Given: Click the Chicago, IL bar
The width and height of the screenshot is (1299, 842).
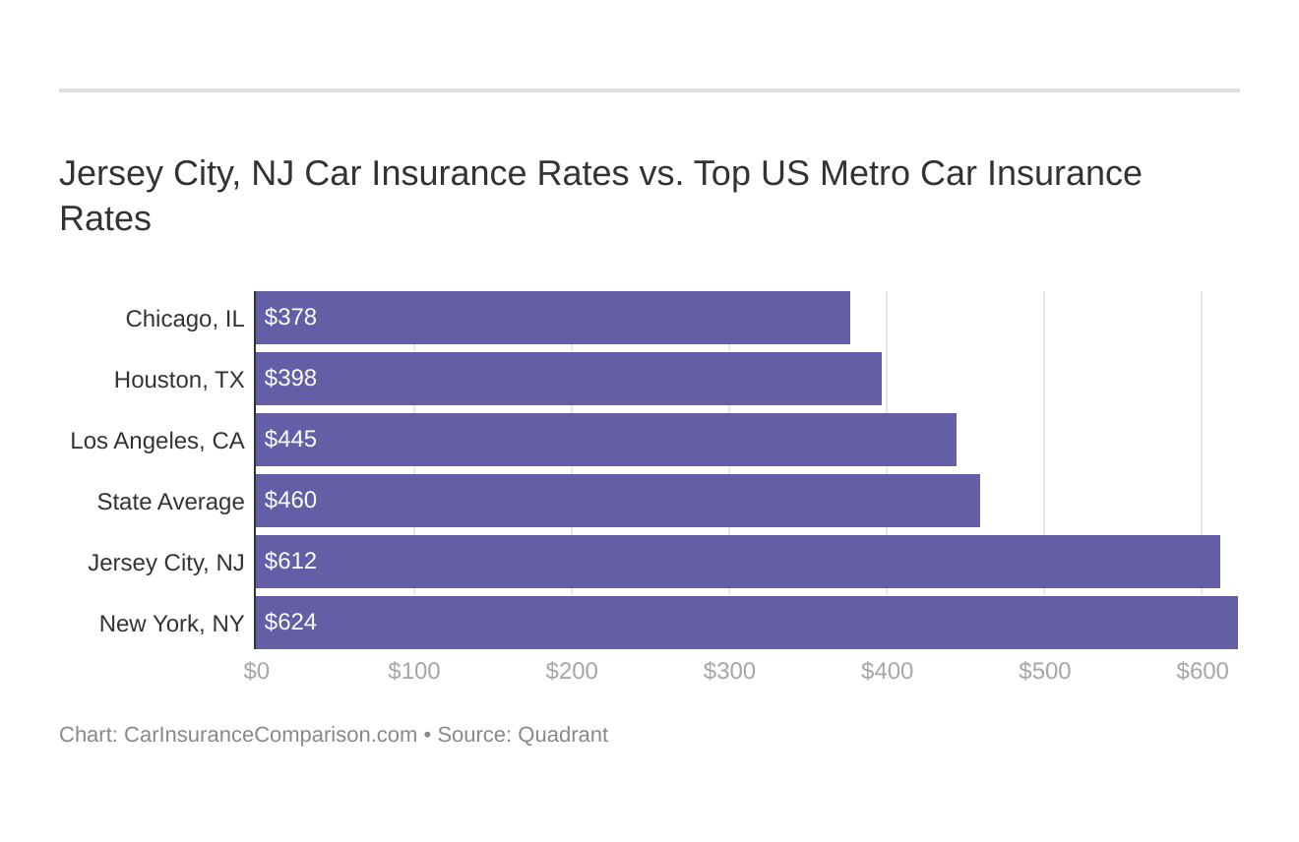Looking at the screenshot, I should pos(552,318).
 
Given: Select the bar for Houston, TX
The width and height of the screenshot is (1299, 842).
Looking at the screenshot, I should pos(568,379).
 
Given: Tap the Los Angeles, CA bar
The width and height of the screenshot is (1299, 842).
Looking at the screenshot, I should pos(605,440).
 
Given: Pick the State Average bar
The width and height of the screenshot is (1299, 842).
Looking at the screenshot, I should pos(617,501).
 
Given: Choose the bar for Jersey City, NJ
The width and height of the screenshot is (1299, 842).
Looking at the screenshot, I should pos(737,562).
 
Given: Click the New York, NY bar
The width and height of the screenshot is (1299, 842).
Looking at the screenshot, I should pos(746,623).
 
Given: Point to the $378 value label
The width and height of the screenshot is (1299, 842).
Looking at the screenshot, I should pos(290,318).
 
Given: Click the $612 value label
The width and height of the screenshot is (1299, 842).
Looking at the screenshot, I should pos(290,562).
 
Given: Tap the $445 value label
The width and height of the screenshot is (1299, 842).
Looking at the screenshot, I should pos(290,440).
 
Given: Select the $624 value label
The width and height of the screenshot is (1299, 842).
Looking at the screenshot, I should pos(290,623).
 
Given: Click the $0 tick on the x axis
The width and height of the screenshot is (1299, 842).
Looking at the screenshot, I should pos(256,671).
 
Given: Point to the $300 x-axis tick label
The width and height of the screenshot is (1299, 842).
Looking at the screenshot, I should pos(729,671).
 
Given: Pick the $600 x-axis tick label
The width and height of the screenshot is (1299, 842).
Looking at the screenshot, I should pos(1202,671).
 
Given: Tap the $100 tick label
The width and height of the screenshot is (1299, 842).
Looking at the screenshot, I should pos(414,671).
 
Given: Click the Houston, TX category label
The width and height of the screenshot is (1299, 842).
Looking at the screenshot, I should pos(179,380).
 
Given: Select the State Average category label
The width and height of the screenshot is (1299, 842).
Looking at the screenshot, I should pos(170,502).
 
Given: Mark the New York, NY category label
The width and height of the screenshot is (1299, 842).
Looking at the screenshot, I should pos(171,624).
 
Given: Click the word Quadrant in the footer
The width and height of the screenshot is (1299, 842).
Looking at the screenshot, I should pos(562,735).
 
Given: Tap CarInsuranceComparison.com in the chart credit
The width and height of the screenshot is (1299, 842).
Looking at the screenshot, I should pos(271,735).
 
